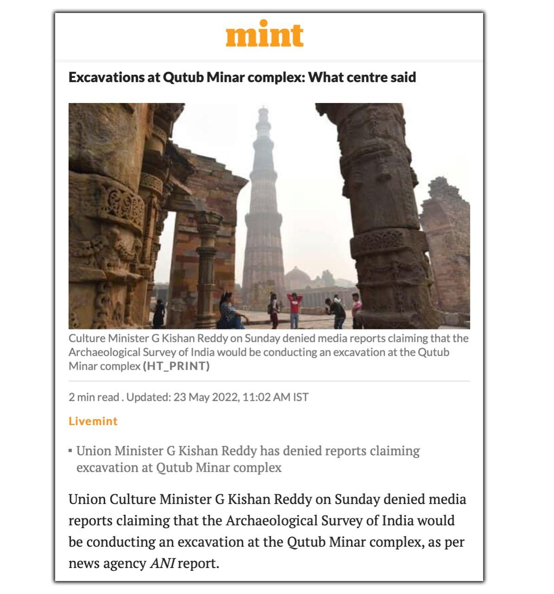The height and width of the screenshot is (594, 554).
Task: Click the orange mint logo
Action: click(265, 34)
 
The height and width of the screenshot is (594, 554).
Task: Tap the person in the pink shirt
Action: click(356, 310)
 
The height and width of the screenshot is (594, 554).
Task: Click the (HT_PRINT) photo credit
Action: click(176, 366)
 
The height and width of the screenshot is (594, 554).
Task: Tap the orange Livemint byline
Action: click(93, 421)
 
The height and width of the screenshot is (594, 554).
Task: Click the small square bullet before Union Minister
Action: click(70, 451)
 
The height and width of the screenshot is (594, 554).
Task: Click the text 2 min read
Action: click(94, 397)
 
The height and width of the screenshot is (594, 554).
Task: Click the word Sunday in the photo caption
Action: click(261, 339)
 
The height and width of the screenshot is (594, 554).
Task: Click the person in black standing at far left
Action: click(159, 313)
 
